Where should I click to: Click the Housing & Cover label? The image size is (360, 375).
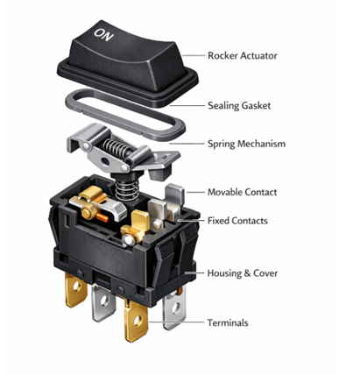coord(243,273)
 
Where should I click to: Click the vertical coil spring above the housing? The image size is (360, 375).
coord(127,180)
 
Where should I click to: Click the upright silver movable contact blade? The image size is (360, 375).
coord(173,200)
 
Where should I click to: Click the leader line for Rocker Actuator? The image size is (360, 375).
coord(194,55)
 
